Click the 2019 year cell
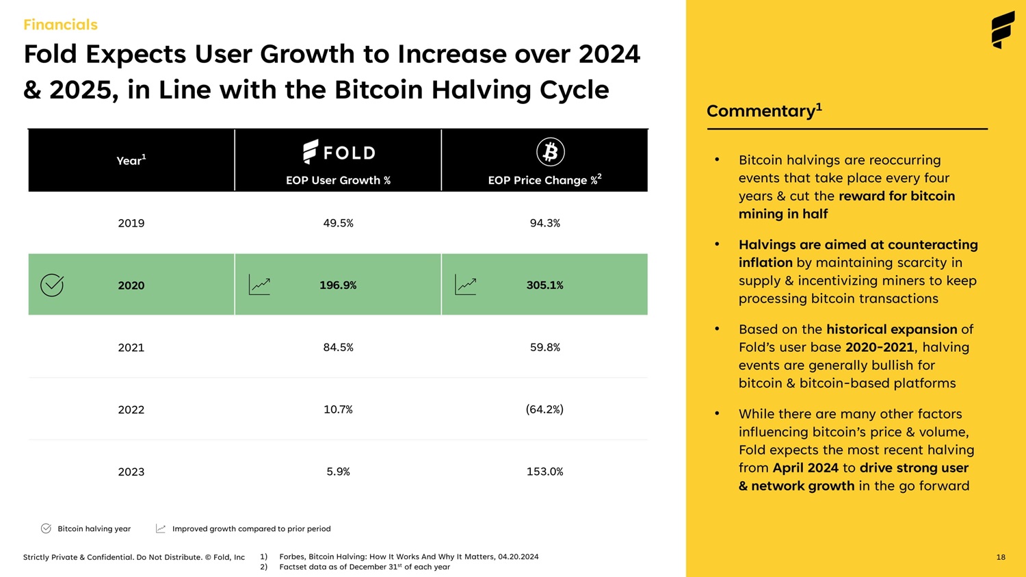(131, 223)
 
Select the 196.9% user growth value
(338, 285)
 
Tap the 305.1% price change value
(544, 285)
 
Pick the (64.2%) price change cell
(544, 409)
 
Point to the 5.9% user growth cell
(338, 472)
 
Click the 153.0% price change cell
(544, 472)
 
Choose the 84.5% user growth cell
(338, 348)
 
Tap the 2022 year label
(131, 410)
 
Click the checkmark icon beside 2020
(52, 285)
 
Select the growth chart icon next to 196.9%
(259, 285)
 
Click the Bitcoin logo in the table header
(550, 152)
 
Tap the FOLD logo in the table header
(339, 152)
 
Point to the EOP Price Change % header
(544, 179)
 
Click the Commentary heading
(764, 111)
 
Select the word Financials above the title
(60, 25)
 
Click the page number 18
(1001, 557)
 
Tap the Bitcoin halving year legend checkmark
(46, 528)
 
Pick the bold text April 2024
(805, 468)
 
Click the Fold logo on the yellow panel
(1003, 30)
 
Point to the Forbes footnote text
(408, 557)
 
